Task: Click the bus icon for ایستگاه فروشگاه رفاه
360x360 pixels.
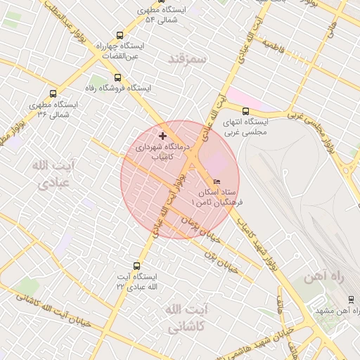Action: pyautogui.click(x=117, y=78)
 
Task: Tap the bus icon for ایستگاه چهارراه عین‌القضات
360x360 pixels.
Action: pyautogui.click(x=119, y=35)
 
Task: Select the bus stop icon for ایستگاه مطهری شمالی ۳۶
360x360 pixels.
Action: pyautogui.click(x=53, y=94)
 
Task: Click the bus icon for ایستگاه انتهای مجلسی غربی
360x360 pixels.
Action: pyautogui.click(x=245, y=110)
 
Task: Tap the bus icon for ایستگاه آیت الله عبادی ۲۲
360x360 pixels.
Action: pyautogui.click(x=136, y=266)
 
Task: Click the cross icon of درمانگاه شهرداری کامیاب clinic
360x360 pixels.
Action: pyautogui.click(x=163, y=135)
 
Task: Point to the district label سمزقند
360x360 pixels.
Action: pyautogui.click(x=187, y=59)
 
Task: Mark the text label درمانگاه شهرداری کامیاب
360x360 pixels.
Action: pyautogui.click(x=166, y=152)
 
